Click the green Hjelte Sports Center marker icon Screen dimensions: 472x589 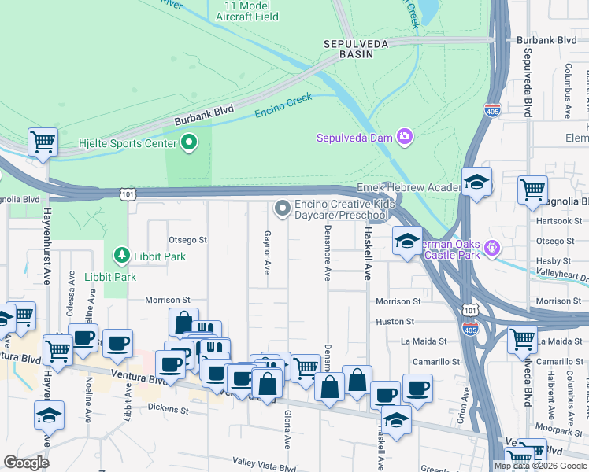pyautogui.click(x=189, y=143)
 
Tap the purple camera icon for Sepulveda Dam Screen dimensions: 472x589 pyautogui.click(x=405, y=138)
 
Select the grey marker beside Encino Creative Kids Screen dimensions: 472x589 pyautogui.click(x=282, y=208)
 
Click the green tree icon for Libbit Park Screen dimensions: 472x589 pyautogui.click(x=121, y=256)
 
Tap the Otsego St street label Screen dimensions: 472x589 pyautogui.click(x=187, y=239)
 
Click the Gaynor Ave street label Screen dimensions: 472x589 pyautogui.click(x=267, y=252)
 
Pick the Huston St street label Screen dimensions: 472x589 pyautogui.click(x=395, y=322)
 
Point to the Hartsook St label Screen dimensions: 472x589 pyautogui.click(x=551, y=221)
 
